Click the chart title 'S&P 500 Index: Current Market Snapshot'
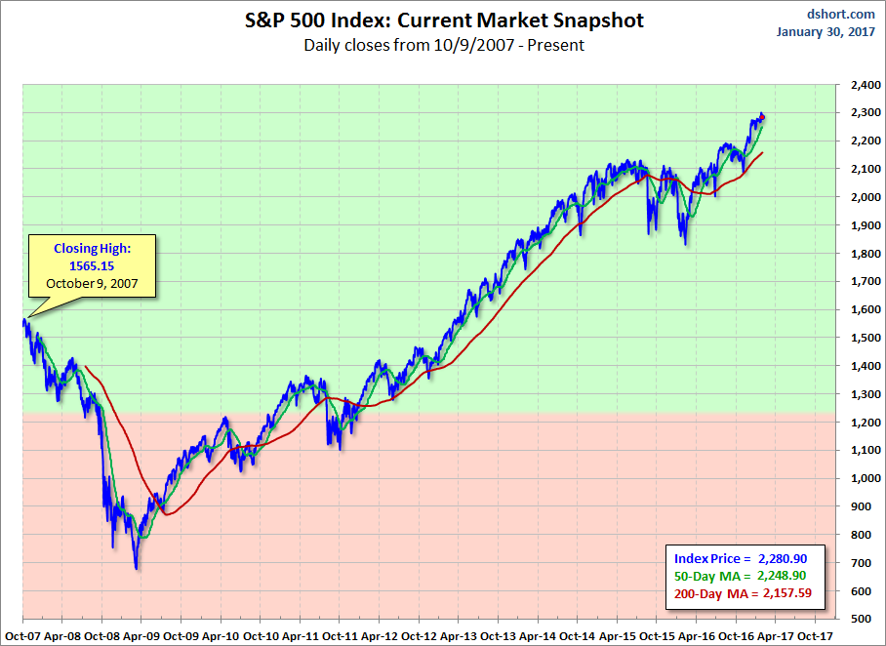pyautogui.click(x=443, y=20)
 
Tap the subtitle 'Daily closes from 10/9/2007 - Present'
pyautogui.click(x=443, y=45)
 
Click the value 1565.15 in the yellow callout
pyautogui.click(x=94, y=265)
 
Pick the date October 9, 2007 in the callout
pyautogui.click(x=94, y=283)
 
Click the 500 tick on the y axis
pyautogui.click(x=860, y=619)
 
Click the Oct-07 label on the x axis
pyautogui.click(x=20, y=633)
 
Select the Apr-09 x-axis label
pyautogui.click(x=141, y=633)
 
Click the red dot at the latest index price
pyautogui.click(x=762, y=117)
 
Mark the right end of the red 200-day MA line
pyautogui.click(x=762, y=152)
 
